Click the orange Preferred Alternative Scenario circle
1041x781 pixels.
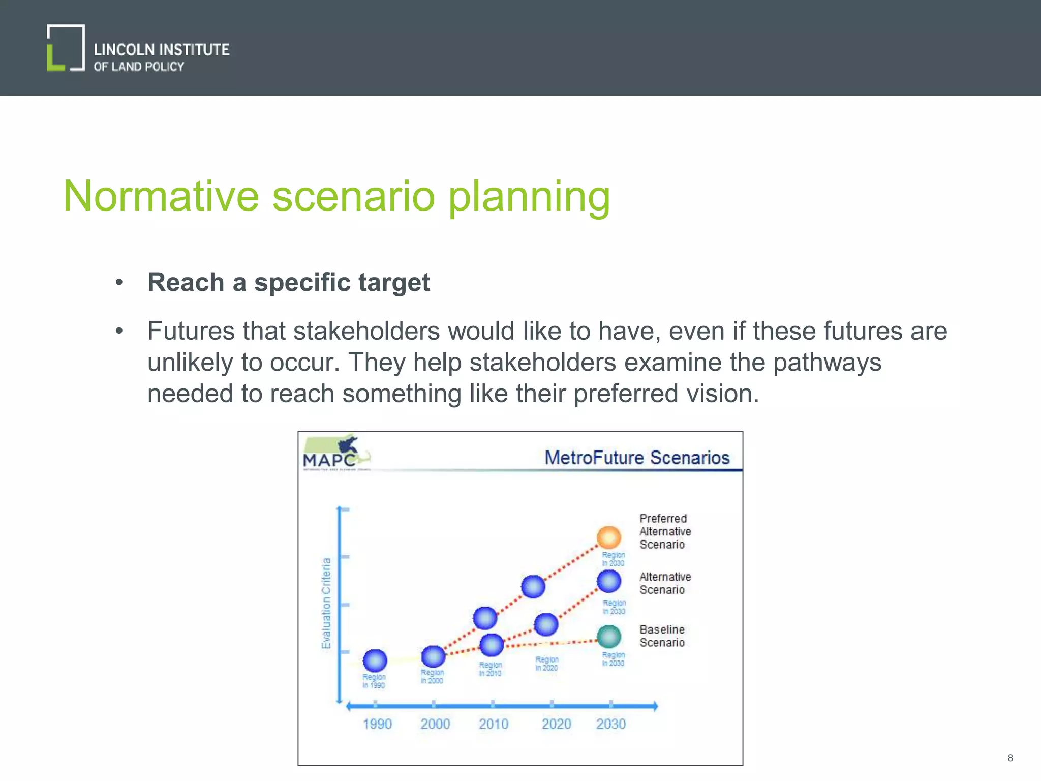(608, 537)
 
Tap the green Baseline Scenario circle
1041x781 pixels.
(608, 637)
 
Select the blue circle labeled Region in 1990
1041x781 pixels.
(375, 660)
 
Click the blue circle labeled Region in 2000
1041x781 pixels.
(433, 656)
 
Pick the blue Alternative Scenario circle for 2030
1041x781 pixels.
(608, 581)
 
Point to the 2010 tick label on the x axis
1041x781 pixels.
(493, 724)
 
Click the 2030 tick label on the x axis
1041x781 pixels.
(610, 724)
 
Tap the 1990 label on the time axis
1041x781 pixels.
(377, 724)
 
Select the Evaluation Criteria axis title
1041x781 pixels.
(326, 603)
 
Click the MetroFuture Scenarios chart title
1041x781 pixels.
(636, 458)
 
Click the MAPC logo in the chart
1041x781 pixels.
(335, 453)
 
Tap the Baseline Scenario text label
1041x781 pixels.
(662, 636)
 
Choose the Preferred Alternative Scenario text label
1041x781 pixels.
(664, 531)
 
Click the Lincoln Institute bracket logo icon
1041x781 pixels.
(66, 48)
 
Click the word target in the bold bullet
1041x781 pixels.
(393, 283)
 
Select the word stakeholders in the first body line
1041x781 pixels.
(366, 331)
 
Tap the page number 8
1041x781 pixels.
(1010, 758)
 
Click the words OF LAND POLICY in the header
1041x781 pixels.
(138, 67)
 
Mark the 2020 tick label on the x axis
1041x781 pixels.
(556, 724)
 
